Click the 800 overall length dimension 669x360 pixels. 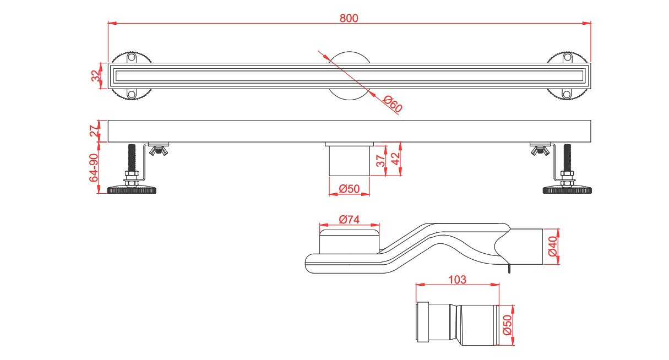[349, 18]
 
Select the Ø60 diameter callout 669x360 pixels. [393, 104]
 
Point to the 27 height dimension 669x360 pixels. [94, 131]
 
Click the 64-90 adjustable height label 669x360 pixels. [94, 167]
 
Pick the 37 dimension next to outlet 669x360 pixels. [380, 161]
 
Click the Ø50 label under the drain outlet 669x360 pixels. [349, 189]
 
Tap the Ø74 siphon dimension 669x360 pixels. [349, 220]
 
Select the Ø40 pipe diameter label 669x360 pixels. [553, 246]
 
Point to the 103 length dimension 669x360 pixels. [457, 280]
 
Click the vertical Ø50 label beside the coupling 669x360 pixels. [508, 325]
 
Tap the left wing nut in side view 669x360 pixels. [158, 151]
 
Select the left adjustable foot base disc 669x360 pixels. [132, 190]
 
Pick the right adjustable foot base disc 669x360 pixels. [567, 190]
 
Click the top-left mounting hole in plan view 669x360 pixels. [132, 57]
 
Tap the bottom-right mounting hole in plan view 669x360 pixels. [567, 94]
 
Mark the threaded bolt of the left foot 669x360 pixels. [132, 158]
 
